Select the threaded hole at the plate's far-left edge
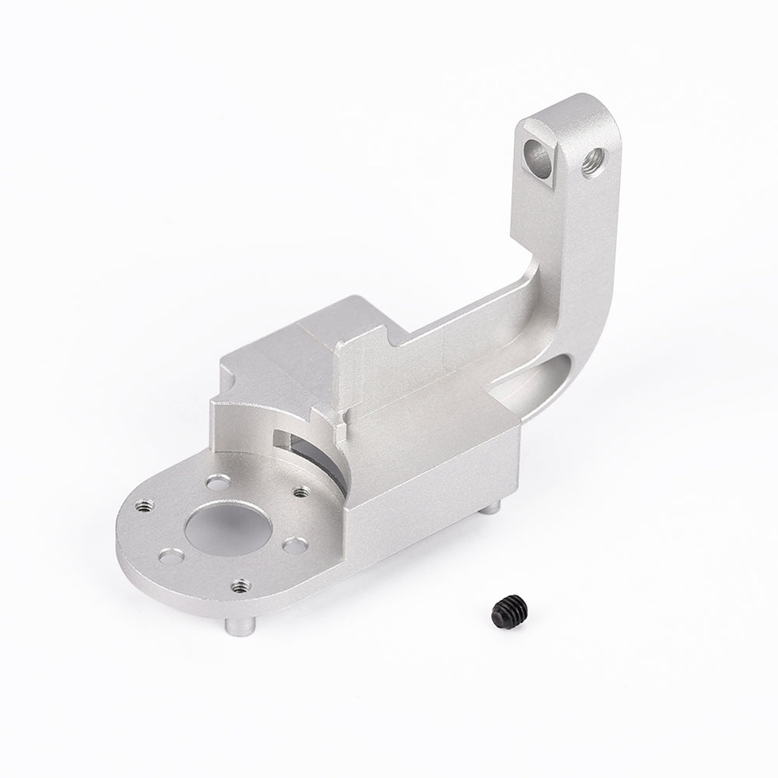point(142,506)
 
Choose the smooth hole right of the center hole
point(293,545)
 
